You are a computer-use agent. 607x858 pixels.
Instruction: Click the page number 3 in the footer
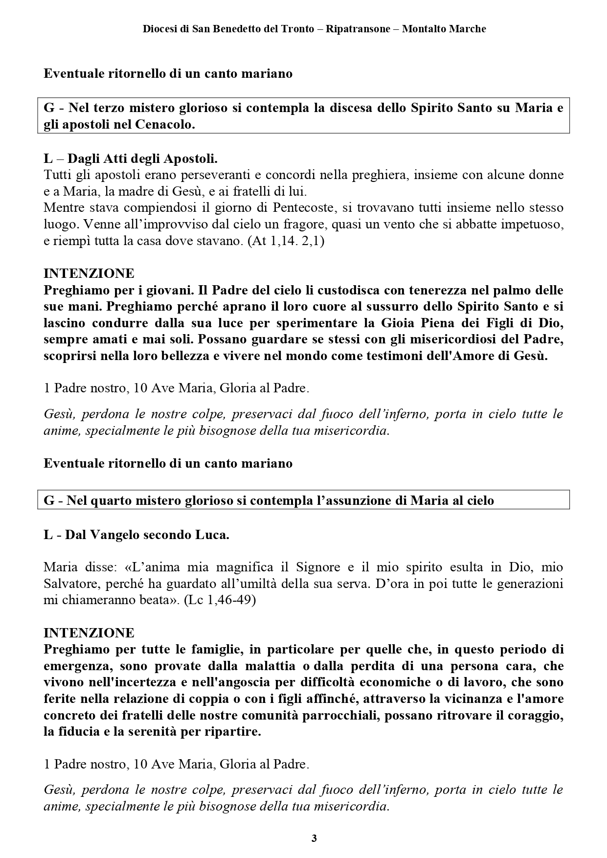(314, 838)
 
